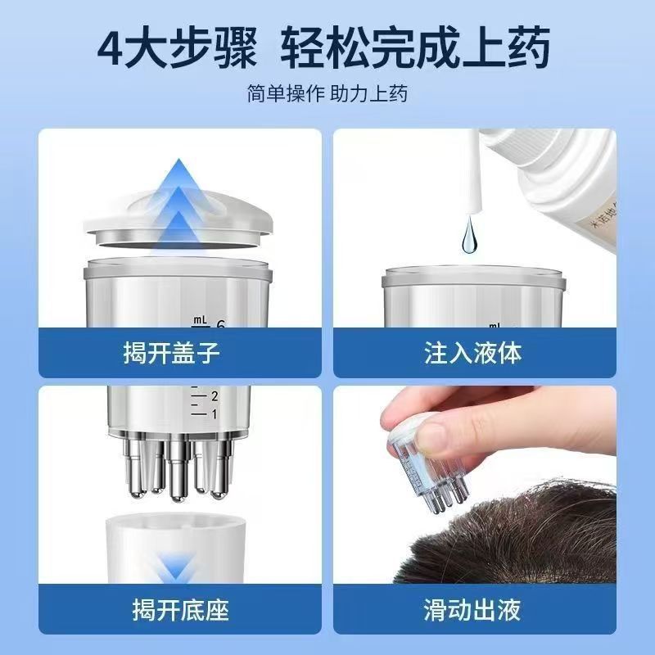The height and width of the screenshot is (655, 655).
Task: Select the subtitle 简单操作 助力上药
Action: click(327, 93)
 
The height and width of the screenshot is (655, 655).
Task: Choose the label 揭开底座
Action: click(180, 610)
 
